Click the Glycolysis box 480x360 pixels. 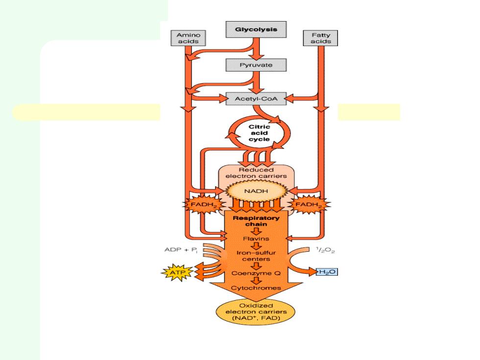256,29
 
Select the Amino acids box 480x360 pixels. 188,38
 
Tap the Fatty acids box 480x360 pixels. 320,38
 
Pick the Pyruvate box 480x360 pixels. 256,65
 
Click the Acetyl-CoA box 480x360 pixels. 256,99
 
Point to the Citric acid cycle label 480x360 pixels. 259,133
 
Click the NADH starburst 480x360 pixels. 256,191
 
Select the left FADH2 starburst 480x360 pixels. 203,205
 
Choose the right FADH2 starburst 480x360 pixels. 309,205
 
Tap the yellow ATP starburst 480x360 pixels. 177,272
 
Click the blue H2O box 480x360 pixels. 327,271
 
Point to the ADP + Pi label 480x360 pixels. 181,250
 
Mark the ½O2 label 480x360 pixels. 325,250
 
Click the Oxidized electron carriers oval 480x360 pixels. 256,312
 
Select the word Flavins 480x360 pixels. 256,239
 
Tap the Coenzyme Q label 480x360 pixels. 256,273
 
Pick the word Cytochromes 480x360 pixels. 256,288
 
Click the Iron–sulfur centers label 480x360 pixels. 256,256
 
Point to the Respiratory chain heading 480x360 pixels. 256,221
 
